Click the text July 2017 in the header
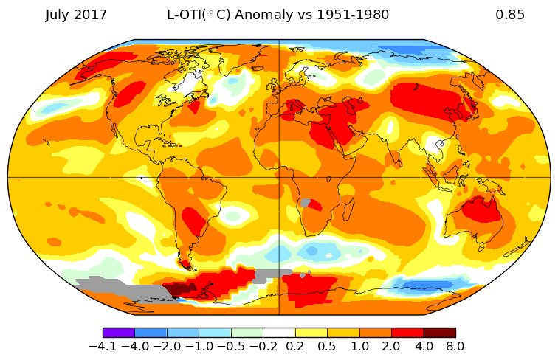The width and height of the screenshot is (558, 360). coord(76,15)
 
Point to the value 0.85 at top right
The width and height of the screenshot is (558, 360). coord(510,15)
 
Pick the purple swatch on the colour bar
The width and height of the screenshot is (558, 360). coord(119,333)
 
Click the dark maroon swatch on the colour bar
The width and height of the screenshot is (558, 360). coord(439,333)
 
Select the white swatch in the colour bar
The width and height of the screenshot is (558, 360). coord(279,333)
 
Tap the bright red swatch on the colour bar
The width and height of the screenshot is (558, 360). coord(407,333)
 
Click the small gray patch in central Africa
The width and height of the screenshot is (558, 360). coord(305,203)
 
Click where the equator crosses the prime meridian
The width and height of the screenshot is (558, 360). coord(279,177)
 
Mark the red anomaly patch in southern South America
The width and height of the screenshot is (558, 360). coord(194,221)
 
